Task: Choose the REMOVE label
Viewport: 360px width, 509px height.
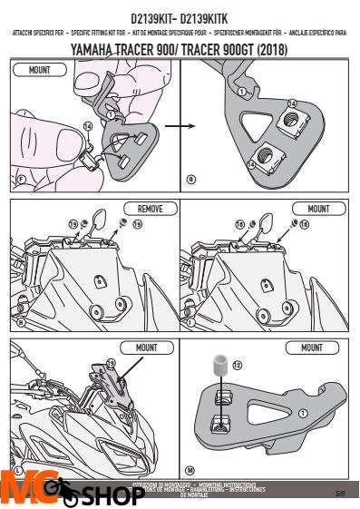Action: pyautogui.click(x=144, y=208)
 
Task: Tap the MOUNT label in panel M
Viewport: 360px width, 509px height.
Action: pyautogui.click(x=312, y=347)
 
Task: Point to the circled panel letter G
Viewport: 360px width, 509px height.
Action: pyautogui.click(x=191, y=180)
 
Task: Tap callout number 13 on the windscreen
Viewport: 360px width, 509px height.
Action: pyautogui.click(x=111, y=363)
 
